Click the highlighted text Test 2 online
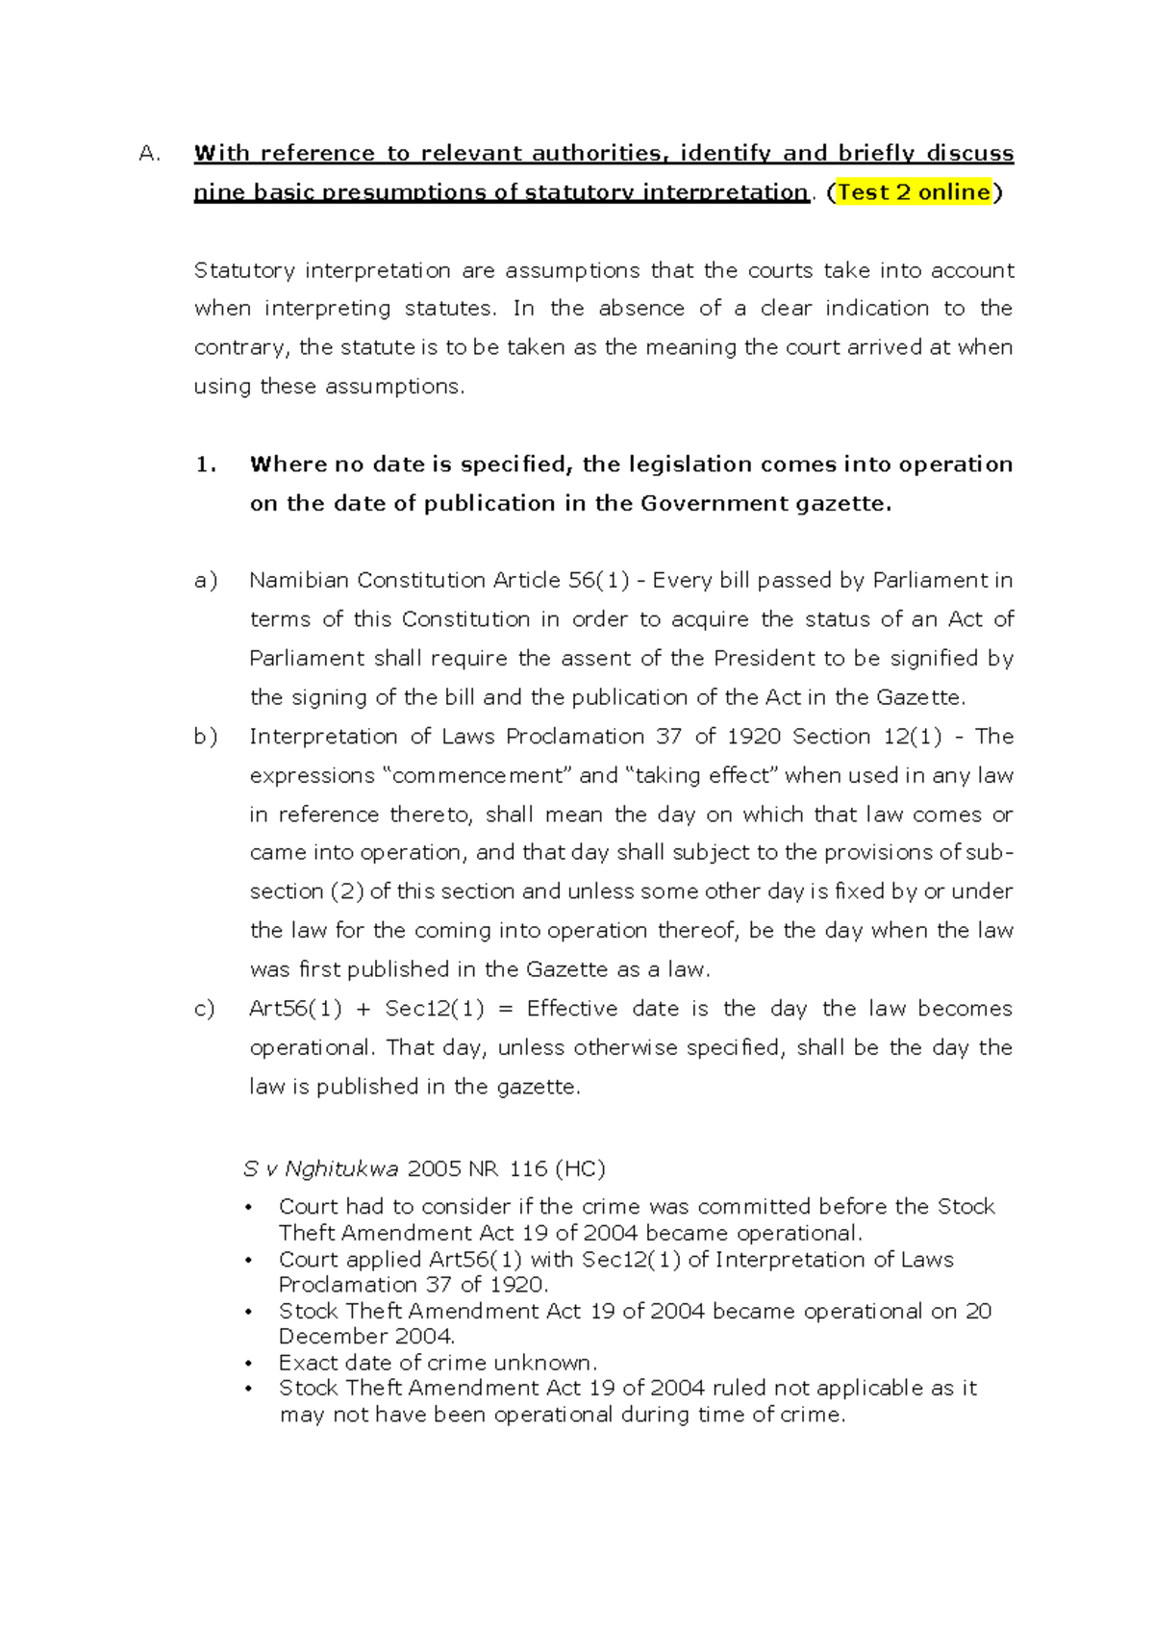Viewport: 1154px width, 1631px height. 914,192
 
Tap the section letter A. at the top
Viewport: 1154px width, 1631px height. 149,154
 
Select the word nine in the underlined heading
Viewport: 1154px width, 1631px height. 218,192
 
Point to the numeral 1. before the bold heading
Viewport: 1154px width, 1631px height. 206,464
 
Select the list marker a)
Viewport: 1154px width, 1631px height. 206,581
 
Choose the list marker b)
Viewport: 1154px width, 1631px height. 206,737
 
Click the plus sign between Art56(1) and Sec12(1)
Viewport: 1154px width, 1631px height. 363,1009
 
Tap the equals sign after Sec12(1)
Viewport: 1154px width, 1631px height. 506,1009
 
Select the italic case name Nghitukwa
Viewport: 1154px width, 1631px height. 341,1169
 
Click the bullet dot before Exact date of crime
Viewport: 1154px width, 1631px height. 248,1364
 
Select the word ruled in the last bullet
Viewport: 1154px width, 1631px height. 738,1389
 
